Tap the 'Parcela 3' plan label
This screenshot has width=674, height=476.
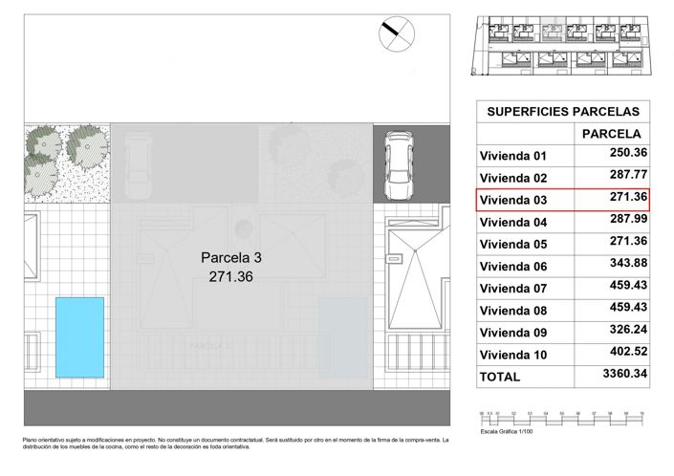[230, 258]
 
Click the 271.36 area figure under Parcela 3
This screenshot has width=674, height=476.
[230, 276]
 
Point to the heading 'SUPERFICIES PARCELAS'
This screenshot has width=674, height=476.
[563, 111]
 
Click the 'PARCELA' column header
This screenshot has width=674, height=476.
[611, 134]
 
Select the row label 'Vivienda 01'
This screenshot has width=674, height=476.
[512, 156]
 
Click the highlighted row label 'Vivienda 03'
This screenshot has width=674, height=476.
[512, 200]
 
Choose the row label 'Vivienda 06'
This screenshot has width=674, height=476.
[512, 267]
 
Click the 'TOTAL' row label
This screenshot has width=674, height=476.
[500, 377]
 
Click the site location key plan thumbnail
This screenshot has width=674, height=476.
[563, 48]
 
